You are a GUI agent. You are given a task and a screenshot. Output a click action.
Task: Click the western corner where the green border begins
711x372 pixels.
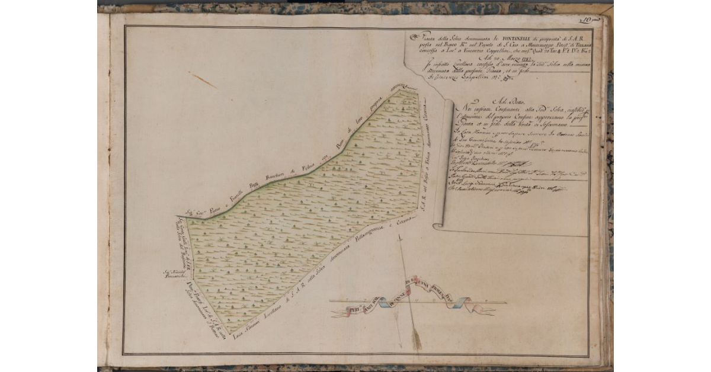point(177,217)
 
